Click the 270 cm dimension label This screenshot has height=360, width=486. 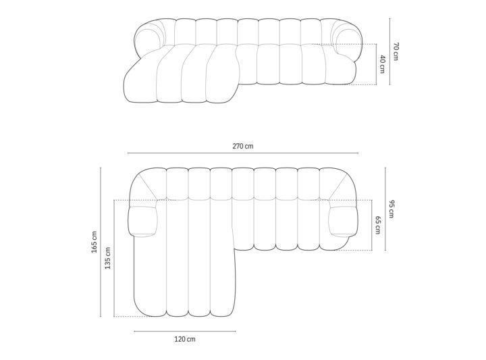pyautogui.click(x=243, y=146)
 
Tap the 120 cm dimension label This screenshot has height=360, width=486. pyautogui.click(x=185, y=339)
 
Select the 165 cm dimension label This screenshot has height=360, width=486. pyautogui.click(x=94, y=242)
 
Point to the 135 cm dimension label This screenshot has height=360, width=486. pyautogui.click(x=107, y=258)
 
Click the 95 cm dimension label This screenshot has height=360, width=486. pyautogui.click(x=391, y=209)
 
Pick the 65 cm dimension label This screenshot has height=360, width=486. pyautogui.click(x=377, y=225)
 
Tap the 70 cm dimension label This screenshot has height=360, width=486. pyautogui.click(x=396, y=51)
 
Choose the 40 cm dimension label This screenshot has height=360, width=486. pyautogui.click(x=382, y=64)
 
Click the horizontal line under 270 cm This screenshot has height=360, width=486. pyautogui.click(x=243, y=153)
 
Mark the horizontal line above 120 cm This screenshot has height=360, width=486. pyautogui.click(x=185, y=331)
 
